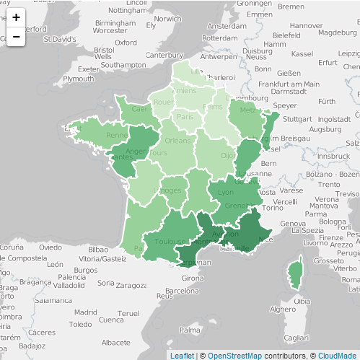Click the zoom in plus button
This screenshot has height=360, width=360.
coord(16,17)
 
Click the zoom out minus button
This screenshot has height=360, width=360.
coord(16,36)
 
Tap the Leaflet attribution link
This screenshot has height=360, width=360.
coord(181,355)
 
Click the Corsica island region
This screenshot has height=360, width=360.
coord(294,273)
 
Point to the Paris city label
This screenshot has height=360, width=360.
coord(185,117)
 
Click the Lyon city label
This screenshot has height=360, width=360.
coord(226,193)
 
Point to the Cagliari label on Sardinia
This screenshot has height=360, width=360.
coord(297,338)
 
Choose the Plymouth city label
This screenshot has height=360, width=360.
coord(78,79)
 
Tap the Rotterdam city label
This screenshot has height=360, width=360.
coord(219,37)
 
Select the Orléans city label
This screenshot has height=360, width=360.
coord(177,141)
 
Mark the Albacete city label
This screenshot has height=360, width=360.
coord(115,342)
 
